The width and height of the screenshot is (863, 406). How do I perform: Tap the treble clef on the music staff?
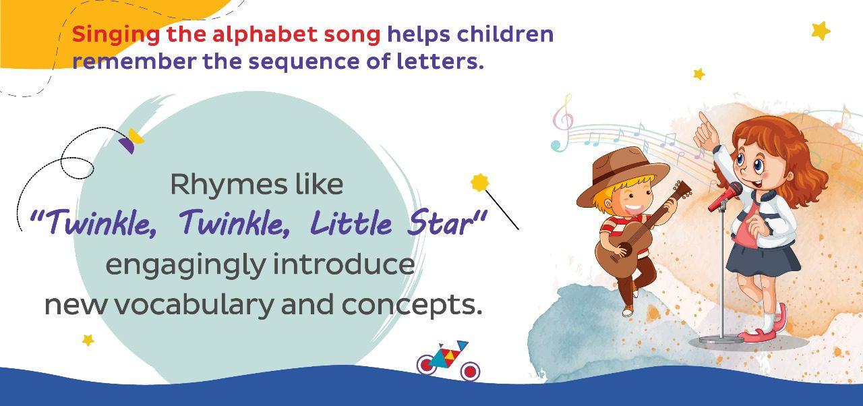click(562, 121)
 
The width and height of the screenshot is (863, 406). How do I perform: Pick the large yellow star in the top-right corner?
click(821, 30)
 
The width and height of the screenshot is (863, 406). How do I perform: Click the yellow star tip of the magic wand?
click(480, 182)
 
